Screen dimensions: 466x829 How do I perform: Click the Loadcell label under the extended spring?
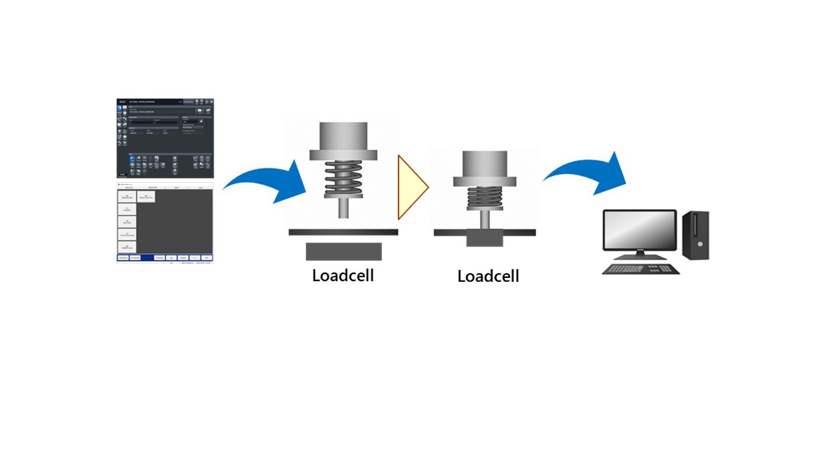tap(343, 275)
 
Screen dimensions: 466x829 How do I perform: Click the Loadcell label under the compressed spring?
tap(488, 276)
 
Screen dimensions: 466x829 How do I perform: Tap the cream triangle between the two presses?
tap(410, 188)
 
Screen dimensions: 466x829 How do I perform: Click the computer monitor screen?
tap(639, 229)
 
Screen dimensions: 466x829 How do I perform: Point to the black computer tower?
tap(696, 235)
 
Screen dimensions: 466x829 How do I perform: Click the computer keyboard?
tap(641, 267)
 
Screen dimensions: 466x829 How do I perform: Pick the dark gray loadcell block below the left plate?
tap(343, 251)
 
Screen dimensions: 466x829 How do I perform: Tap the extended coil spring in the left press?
tap(344, 178)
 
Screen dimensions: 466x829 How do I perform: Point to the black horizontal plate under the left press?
tap(343, 232)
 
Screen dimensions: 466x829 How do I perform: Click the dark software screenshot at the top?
tap(165, 138)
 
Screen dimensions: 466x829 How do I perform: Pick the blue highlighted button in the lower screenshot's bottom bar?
tap(148, 258)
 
